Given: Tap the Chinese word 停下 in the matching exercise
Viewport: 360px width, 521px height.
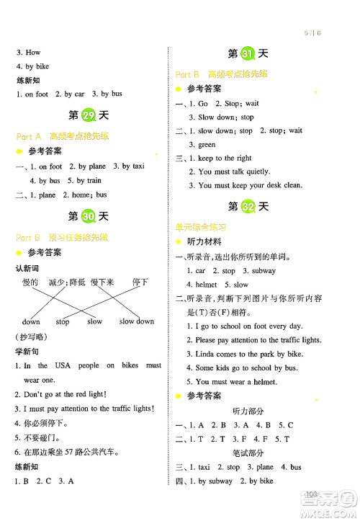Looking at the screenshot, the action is click(x=140, y=282).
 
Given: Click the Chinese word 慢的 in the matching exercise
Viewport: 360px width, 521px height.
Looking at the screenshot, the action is click(x=30, y=282).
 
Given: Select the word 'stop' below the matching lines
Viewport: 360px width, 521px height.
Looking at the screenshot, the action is click(x=63, y=321).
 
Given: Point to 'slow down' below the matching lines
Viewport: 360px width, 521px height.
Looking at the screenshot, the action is click(x=136, y=321).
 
